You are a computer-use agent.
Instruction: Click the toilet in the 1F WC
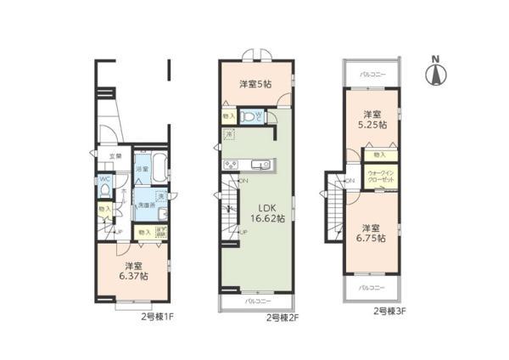click(104, 191)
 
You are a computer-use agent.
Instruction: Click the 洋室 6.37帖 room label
click(131, 271)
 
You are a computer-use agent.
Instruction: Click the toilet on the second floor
click(249, 116)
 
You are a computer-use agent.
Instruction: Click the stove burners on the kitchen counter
click(232, 164)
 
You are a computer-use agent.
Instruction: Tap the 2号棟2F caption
click(284, 318)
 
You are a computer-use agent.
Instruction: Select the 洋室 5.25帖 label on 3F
click(372, 119)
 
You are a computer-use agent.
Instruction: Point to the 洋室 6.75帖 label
click(371, 233)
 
